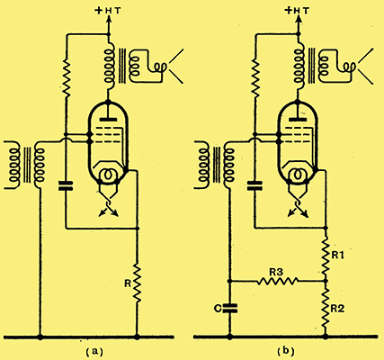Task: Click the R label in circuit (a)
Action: tap(128, 283)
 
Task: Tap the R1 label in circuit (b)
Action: tap(337, 256)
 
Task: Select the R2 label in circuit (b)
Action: tap(337, 309)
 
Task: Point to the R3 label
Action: tap(276, 272)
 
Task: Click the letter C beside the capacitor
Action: tap(218, 308)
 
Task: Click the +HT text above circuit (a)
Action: tap(108, 11)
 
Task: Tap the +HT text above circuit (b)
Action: tap(298, 11)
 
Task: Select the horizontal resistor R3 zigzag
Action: tap(278, 281)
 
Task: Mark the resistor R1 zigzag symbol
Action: tap(326, 256)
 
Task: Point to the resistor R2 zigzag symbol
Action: tap(326, 308)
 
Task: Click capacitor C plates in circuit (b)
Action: tap(230, 308)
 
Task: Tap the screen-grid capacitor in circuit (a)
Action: tap(66, 186)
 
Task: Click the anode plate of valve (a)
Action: tap(108, 120)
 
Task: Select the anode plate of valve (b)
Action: tap(298, 120)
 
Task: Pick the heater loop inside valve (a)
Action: tap(108, 174)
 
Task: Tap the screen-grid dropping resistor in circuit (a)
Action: tap(66, 77)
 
